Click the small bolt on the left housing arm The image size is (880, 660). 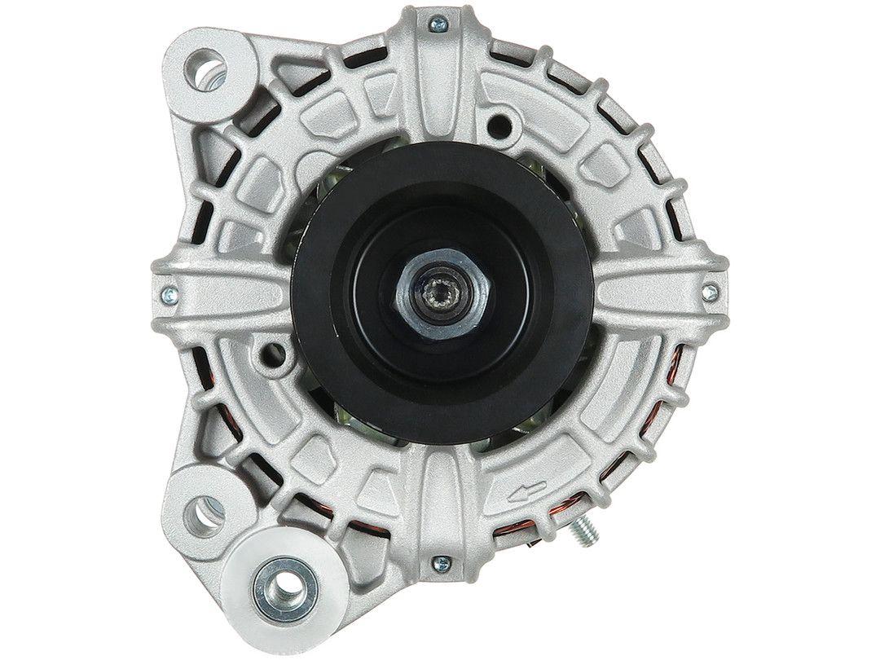169,292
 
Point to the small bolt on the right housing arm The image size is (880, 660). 711,289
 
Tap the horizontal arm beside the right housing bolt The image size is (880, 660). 652,291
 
